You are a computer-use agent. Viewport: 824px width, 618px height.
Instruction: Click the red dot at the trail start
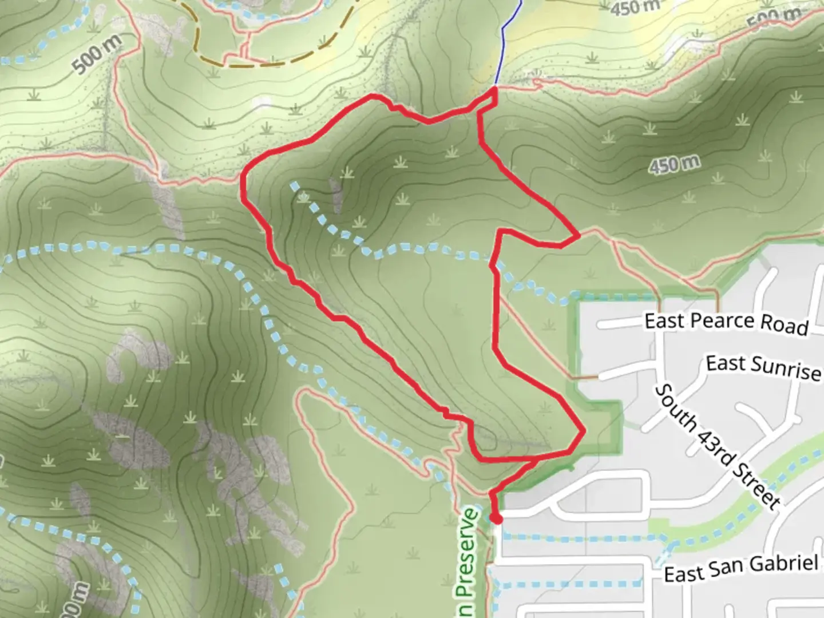496,518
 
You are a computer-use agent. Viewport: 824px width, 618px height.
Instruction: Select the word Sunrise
787,369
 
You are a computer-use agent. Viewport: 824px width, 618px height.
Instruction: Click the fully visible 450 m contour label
674,165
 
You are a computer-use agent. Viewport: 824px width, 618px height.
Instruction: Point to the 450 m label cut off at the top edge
635,7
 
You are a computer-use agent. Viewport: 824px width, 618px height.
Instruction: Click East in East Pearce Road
664,320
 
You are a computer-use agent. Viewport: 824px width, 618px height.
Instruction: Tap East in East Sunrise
725,363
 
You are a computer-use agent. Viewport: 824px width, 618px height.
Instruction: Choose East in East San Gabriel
683,573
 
